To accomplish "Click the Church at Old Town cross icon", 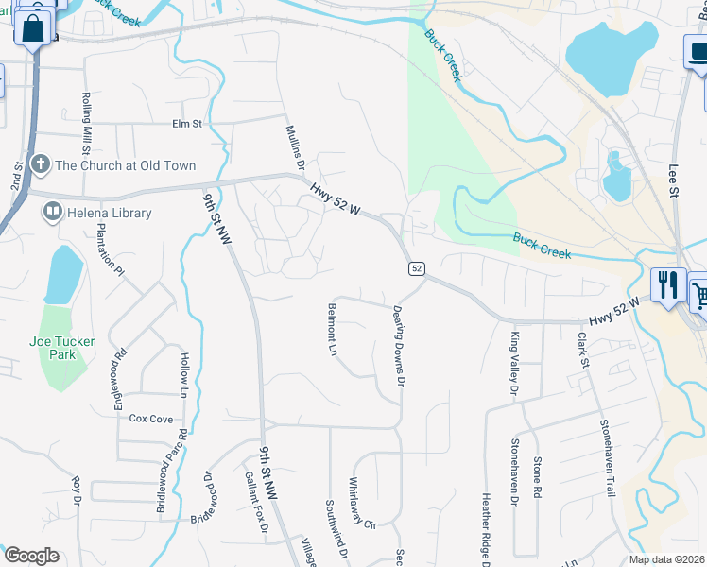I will click(x=40, y=165).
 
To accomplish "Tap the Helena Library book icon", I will click(x=54, y=213).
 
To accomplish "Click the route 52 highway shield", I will click(x=416, y=269).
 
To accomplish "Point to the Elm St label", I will click(x=187, y=124).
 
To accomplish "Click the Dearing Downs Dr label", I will click(x=399, y=346).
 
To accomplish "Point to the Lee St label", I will click(x=674, y=179).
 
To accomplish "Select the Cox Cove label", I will click(x=151, y=418).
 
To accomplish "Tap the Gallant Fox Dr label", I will click(x=251, y=501).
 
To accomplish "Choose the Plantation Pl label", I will click(x=119, y=252).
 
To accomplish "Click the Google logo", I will click(x=30, y=556).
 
